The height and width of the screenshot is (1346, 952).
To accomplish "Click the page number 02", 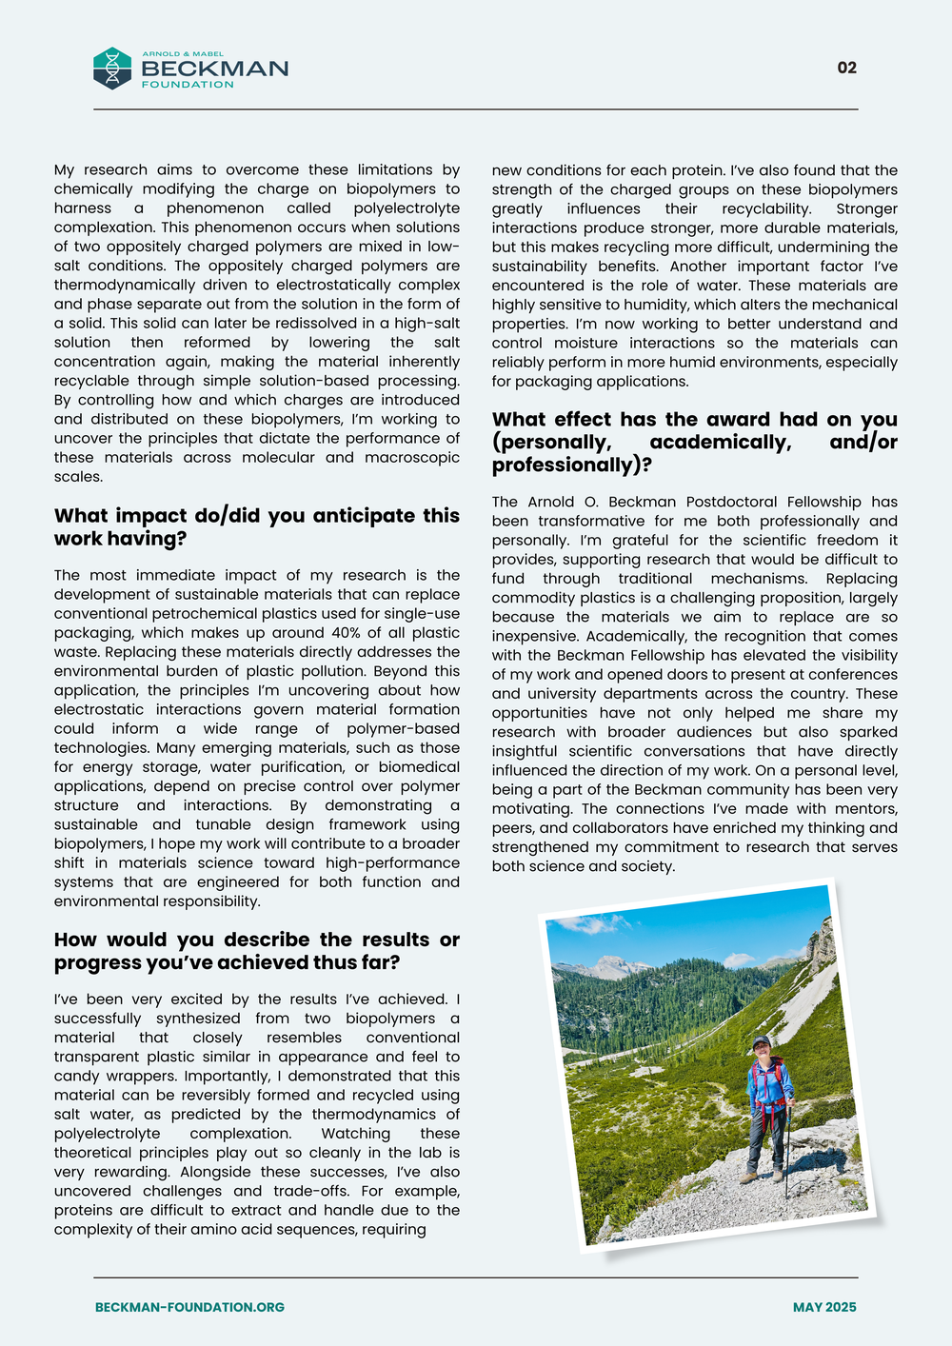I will pos(846,68).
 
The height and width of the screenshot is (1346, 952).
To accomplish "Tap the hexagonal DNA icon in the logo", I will pos(112,69).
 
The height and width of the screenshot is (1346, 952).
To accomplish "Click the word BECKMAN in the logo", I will pos(214,69).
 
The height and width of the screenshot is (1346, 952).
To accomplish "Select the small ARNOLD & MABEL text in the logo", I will pos(183,54).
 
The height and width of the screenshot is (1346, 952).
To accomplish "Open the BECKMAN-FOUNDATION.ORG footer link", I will pos(189,1307).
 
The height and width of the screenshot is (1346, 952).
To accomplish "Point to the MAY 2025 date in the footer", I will pos(824,1307).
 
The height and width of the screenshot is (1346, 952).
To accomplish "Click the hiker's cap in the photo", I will pos(760,1043).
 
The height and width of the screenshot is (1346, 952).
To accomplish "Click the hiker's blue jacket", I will pos(767,1085).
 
